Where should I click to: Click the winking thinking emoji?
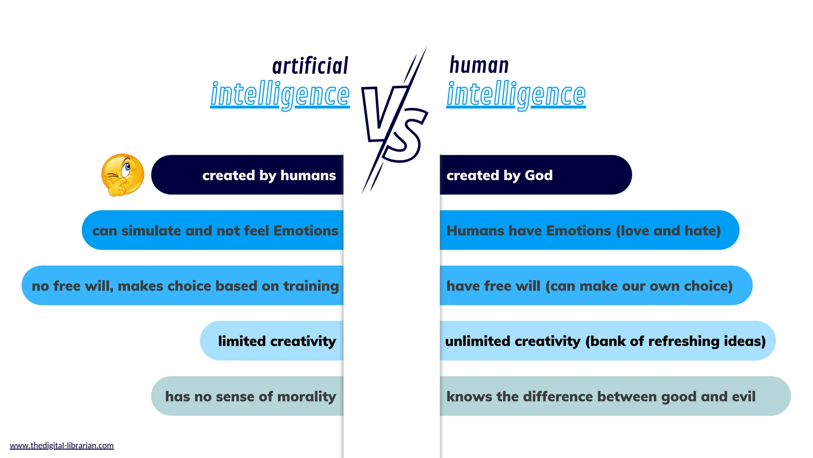tap(123, 175)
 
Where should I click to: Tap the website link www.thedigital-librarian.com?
tap(62, 445)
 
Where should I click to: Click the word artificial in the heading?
tap(310, 66)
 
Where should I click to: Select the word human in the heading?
tap(479, 65)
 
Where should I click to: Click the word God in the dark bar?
tap(539, 175)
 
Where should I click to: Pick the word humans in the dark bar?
tap(308, 175)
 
